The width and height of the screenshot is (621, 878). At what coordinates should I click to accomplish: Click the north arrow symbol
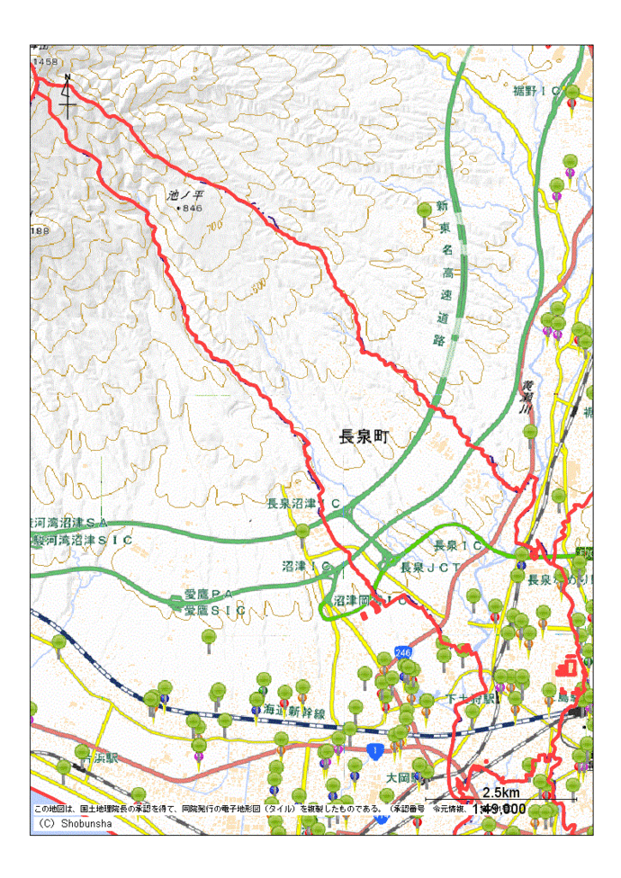(x=67, y=95)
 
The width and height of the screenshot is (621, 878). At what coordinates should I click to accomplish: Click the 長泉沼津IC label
(x=303, y=504)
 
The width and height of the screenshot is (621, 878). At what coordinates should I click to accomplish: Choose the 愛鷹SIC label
(x=214, y=610)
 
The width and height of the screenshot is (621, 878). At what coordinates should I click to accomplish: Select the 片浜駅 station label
(x=94, y=757)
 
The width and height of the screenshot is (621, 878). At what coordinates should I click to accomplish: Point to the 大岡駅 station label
(x=403, y=775)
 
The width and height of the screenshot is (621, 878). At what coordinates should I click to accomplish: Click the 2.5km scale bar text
(x=500, y=793)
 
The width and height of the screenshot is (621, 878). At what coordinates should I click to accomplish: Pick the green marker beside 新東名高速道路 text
(x=424, y=211)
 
